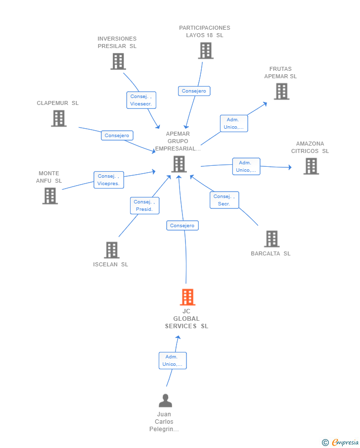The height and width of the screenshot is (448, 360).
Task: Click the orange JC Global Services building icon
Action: pos(187,297)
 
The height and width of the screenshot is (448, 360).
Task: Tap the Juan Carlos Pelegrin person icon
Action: pos(165,400)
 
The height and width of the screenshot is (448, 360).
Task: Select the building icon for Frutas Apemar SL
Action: pos(281,92)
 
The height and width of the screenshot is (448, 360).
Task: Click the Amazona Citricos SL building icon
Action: pos(311,166)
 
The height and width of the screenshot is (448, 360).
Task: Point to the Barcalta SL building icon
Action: pos(271,239)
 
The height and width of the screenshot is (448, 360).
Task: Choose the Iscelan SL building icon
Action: pos(111,250)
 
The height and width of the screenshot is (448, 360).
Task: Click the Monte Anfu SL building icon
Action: pos(50,196)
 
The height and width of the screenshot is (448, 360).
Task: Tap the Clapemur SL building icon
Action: pos(59,118)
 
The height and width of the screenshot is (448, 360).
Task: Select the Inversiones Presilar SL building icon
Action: pos(118,61)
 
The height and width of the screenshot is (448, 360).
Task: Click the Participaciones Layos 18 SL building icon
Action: pos(206,50)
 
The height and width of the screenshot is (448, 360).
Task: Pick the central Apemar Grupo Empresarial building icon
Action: pos(179,164)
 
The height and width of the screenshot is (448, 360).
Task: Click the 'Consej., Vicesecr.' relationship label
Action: pos(141,100)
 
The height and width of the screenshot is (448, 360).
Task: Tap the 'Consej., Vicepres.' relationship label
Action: pos(109,180)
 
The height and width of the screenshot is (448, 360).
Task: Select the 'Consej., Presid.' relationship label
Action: pos(145,206)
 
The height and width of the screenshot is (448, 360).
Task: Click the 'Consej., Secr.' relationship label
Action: pos(225,200)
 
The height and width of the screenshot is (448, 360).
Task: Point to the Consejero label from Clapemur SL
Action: pos(117,136)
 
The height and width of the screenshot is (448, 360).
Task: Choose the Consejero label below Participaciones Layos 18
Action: pos(194,91)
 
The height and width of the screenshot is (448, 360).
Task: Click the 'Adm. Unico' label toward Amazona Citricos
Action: pos(246,166)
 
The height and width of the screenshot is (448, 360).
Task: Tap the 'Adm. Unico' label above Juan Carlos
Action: pos(173,360)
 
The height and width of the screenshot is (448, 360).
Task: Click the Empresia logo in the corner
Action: pos(341,442)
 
